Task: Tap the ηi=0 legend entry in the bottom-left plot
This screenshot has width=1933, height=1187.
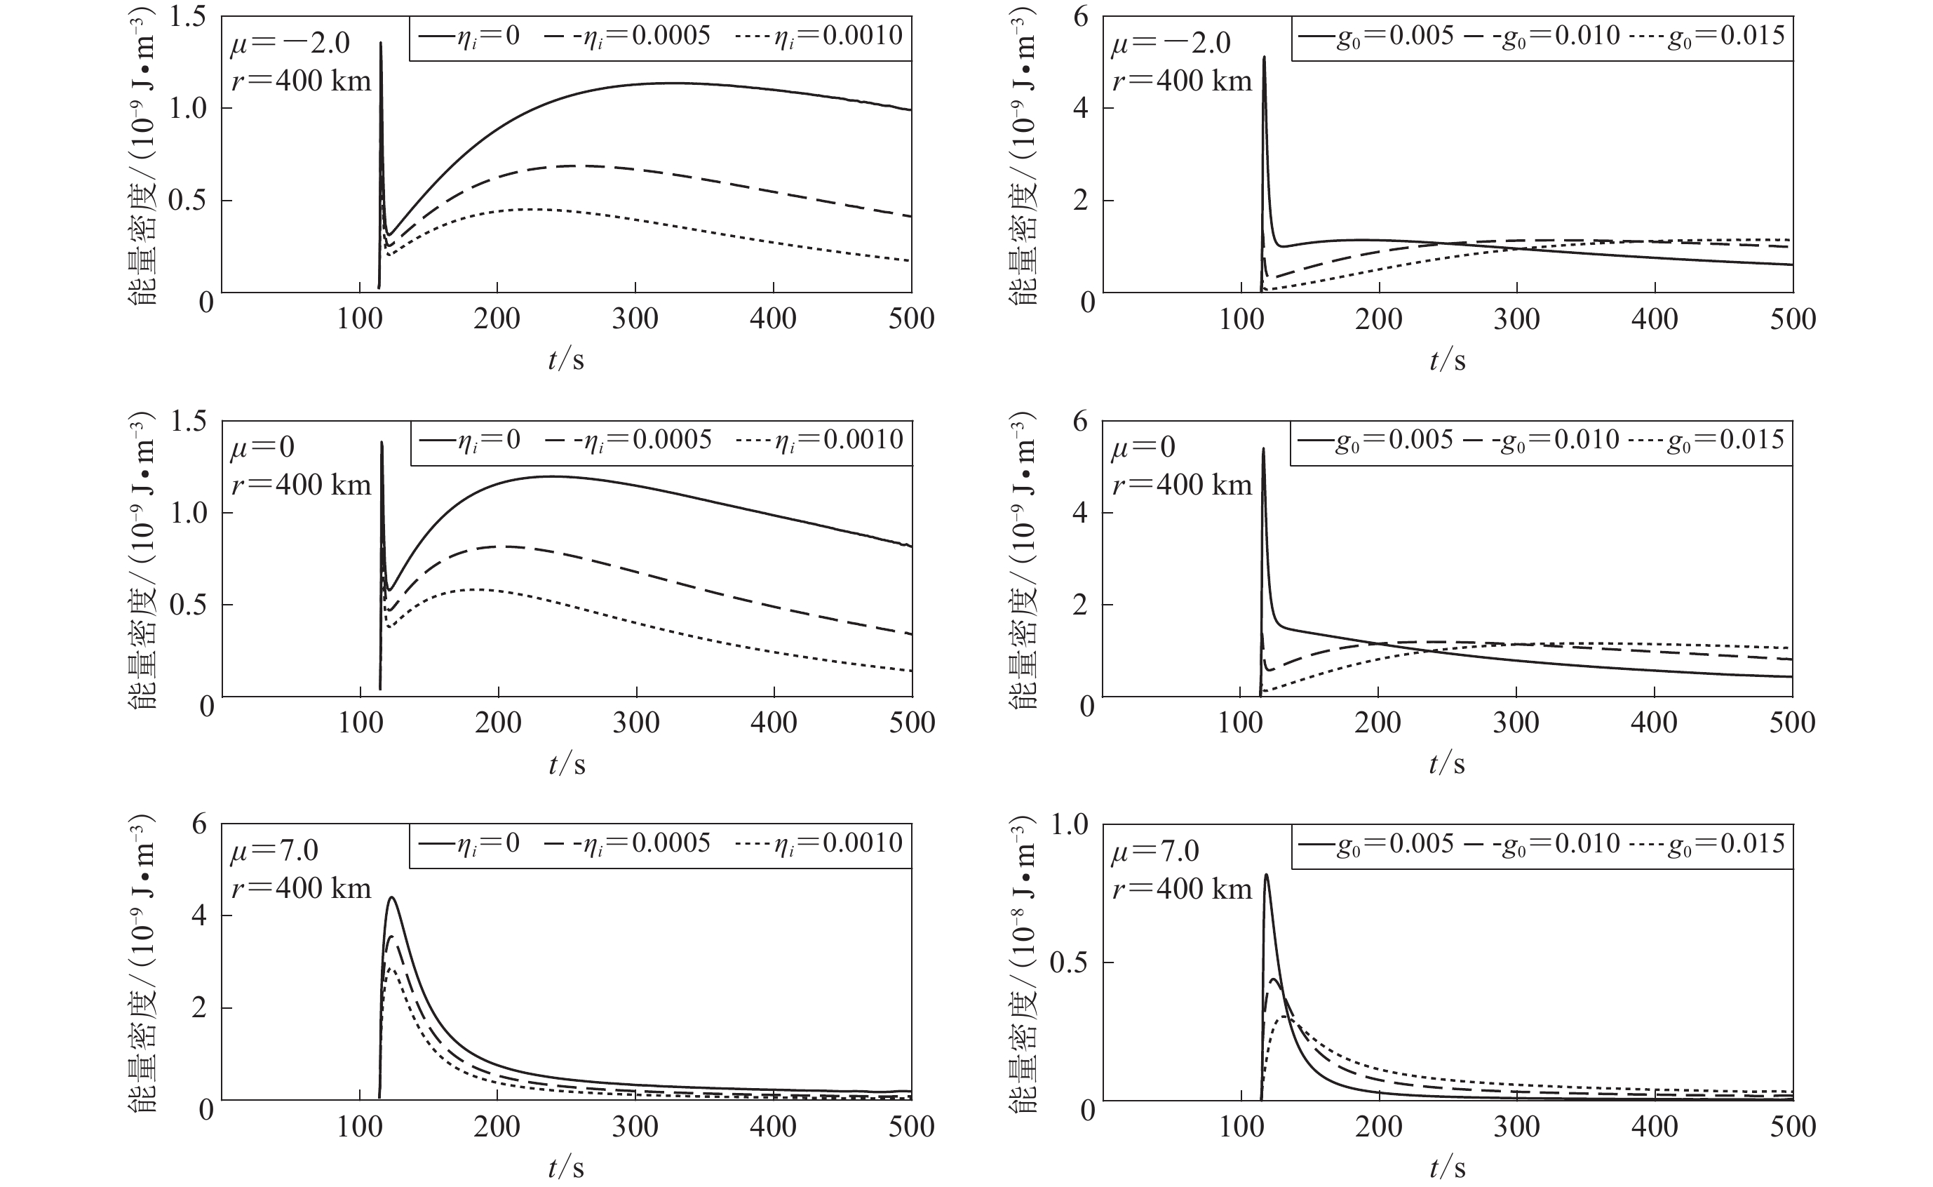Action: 469,844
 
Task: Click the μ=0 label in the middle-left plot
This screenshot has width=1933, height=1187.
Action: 262,448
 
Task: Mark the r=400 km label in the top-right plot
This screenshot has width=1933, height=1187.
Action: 1182,80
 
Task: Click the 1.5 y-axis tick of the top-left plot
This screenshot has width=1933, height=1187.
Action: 189,18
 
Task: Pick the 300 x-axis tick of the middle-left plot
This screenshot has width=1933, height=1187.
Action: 635,723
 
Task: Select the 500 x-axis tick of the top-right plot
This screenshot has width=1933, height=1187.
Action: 1793,319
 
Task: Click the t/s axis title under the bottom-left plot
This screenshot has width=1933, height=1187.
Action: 566,1167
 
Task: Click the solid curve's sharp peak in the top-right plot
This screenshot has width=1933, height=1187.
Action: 1265,58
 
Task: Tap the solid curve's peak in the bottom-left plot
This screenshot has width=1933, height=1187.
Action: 391,897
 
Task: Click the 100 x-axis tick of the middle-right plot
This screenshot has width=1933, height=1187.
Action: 1240,723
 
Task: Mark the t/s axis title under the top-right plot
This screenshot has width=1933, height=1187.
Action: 1447,361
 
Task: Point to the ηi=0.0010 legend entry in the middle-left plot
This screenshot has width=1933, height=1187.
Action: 820,441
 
